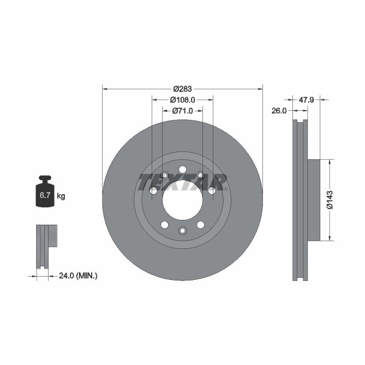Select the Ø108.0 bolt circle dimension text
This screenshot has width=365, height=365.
[182, 100]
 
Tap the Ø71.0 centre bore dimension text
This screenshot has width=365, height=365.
[182, 111]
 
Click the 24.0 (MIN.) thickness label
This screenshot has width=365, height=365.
[77, 276]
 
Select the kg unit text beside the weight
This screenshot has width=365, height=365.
[61, 196]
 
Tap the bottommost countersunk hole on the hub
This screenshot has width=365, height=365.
[182, 231]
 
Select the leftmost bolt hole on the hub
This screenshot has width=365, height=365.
[153, 190]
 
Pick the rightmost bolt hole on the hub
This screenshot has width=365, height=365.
[211, 190]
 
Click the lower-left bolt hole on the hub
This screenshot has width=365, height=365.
[164, 224]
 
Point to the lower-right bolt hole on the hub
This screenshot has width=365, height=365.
[200, 224]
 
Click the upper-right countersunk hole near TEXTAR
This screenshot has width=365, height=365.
[200, 175]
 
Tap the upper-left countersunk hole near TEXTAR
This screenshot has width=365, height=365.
[164, 175]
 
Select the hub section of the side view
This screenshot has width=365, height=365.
[312, 200]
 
